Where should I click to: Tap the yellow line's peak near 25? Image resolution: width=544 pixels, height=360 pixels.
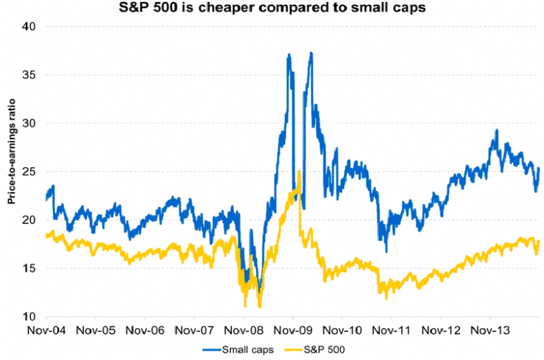[299, 171]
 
